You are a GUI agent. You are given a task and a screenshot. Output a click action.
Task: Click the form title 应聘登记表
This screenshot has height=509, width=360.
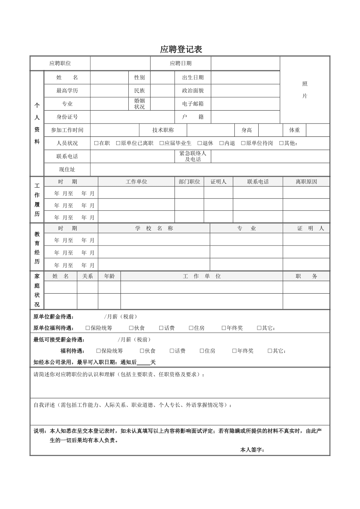pyautogui.click(x=181, y=50)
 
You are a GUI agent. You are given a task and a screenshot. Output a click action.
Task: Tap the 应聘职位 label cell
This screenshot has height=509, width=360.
pyautogui.click(x=60, y=63)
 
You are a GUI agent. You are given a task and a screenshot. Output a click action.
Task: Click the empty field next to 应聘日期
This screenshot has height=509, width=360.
pyautogui.click(x=245, y=63)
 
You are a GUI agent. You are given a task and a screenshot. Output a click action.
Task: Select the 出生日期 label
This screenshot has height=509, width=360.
pyautogui.click(x=193, y=77)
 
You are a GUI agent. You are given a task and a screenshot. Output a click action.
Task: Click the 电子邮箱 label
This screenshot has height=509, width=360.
pyautogui.click(x=193, y=104)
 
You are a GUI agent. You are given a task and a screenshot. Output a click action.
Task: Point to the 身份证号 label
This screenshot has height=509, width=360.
pyautogui.click(x=67, y=117)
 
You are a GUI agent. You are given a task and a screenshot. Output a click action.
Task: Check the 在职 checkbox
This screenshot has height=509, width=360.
pyautogui.click(x=96, y=143)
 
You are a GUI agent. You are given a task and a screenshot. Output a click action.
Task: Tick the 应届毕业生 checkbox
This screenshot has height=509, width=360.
pyautogui.click(x=162, y=143)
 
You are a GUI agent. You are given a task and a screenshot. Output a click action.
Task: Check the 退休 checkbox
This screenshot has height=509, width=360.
pyautogui.click(x=200, y=143)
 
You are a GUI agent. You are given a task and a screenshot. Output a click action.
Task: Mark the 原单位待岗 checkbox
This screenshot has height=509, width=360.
pyautogui.click(x=243, y=143)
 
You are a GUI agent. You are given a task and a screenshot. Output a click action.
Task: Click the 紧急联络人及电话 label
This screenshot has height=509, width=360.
pyautogui.click(x=193, y=156)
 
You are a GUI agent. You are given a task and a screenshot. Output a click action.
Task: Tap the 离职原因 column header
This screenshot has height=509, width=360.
pyautogui.click(x=306, y=182)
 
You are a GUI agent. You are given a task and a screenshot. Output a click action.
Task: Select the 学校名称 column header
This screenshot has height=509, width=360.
pyautogui.click(x=154, y=228)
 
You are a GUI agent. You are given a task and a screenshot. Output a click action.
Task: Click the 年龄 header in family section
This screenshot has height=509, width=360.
pyautogui.click(x=109, y=276)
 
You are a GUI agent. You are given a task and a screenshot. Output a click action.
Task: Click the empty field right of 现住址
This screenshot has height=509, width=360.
pyautogui.click(x=210, y=170)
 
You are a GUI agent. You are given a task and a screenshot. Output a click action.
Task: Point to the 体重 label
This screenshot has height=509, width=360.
pyautogui.click(x=294, y=130)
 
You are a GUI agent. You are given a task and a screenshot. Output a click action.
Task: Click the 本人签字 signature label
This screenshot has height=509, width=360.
pyautogui.click(x=252, y=450)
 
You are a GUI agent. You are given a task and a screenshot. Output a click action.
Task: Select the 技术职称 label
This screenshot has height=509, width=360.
pyautogui.click(x=163, y=130)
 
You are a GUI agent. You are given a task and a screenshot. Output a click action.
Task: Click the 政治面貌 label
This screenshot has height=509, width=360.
pyautogui.click(x=193, y=91)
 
